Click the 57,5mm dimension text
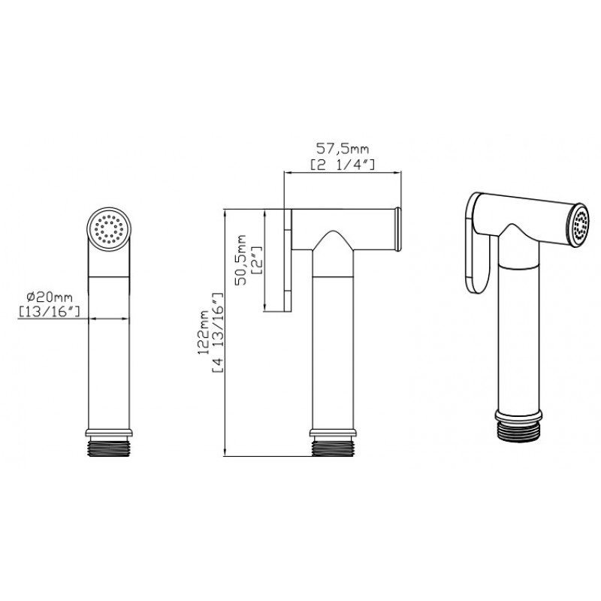(342, 148)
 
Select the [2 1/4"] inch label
(342, 165)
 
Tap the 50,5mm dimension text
(241, 259)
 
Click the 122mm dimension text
(202, 331)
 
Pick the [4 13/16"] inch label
(217, 333)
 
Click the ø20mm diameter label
(50, 297)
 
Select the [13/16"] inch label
(50, 312)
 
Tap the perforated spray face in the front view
(109, 230)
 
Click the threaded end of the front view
(109, 447)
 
